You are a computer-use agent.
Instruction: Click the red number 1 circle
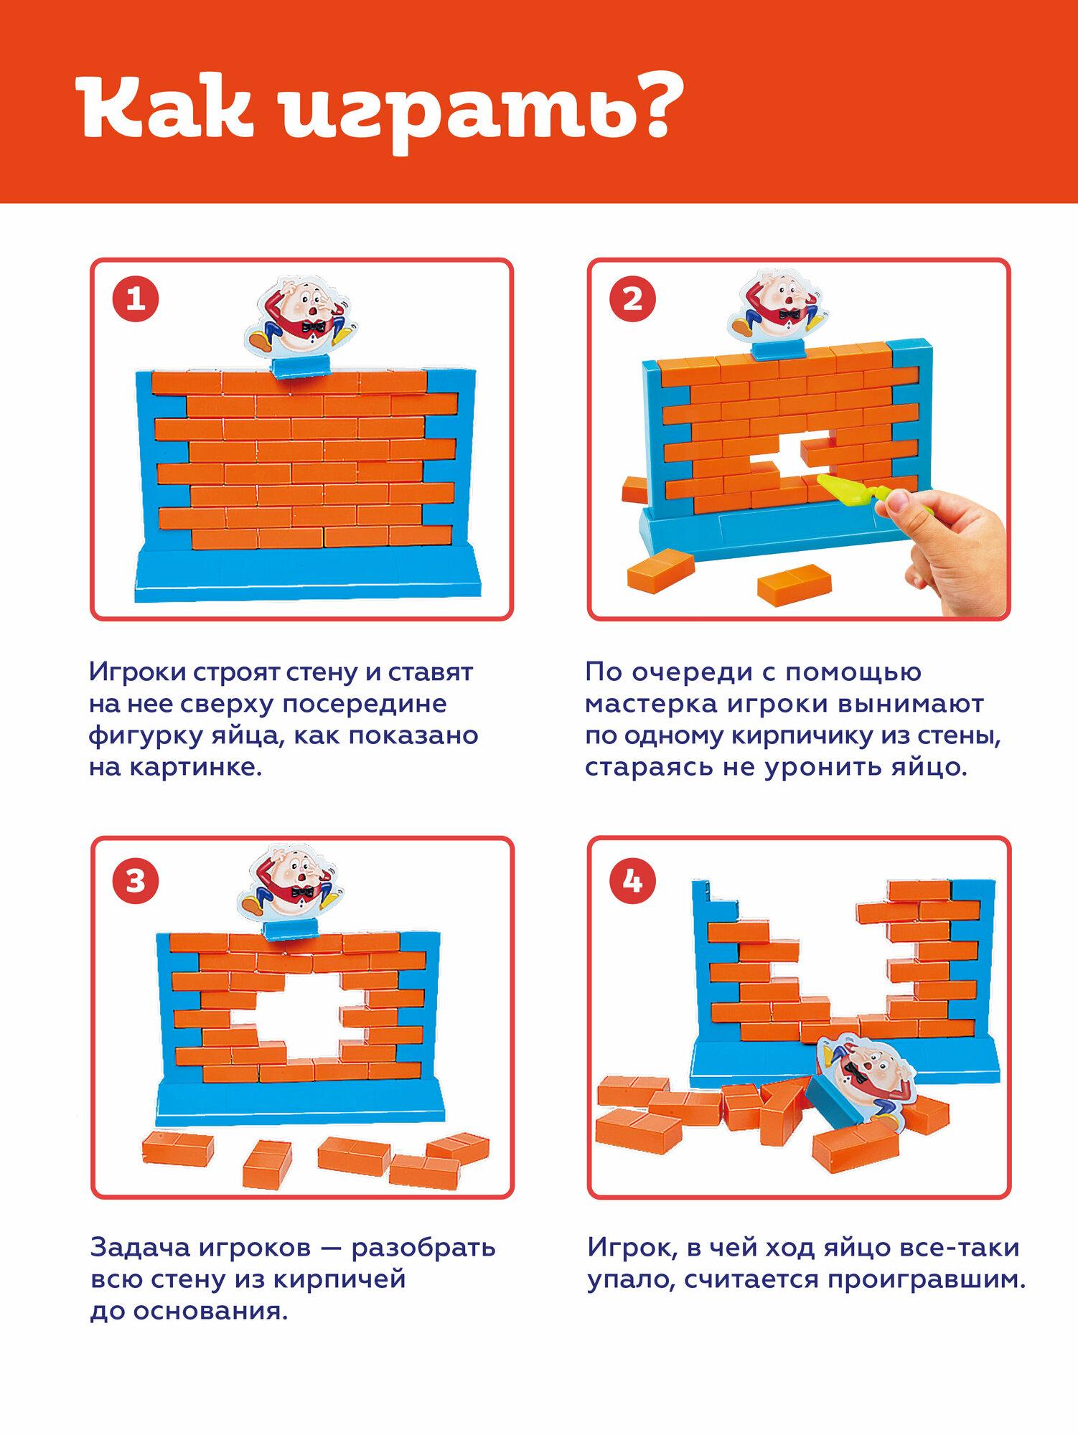point(135,299)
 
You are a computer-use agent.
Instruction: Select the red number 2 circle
point(632,299)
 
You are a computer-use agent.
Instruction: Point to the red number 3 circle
point(135,881)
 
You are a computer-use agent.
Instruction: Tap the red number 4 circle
point(632,881)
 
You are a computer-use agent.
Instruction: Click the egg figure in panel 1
point(301,316)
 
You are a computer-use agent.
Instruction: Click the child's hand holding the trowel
point(944,549)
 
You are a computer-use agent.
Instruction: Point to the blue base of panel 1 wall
point(307,574)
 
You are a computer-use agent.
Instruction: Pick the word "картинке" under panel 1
point(195,768)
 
